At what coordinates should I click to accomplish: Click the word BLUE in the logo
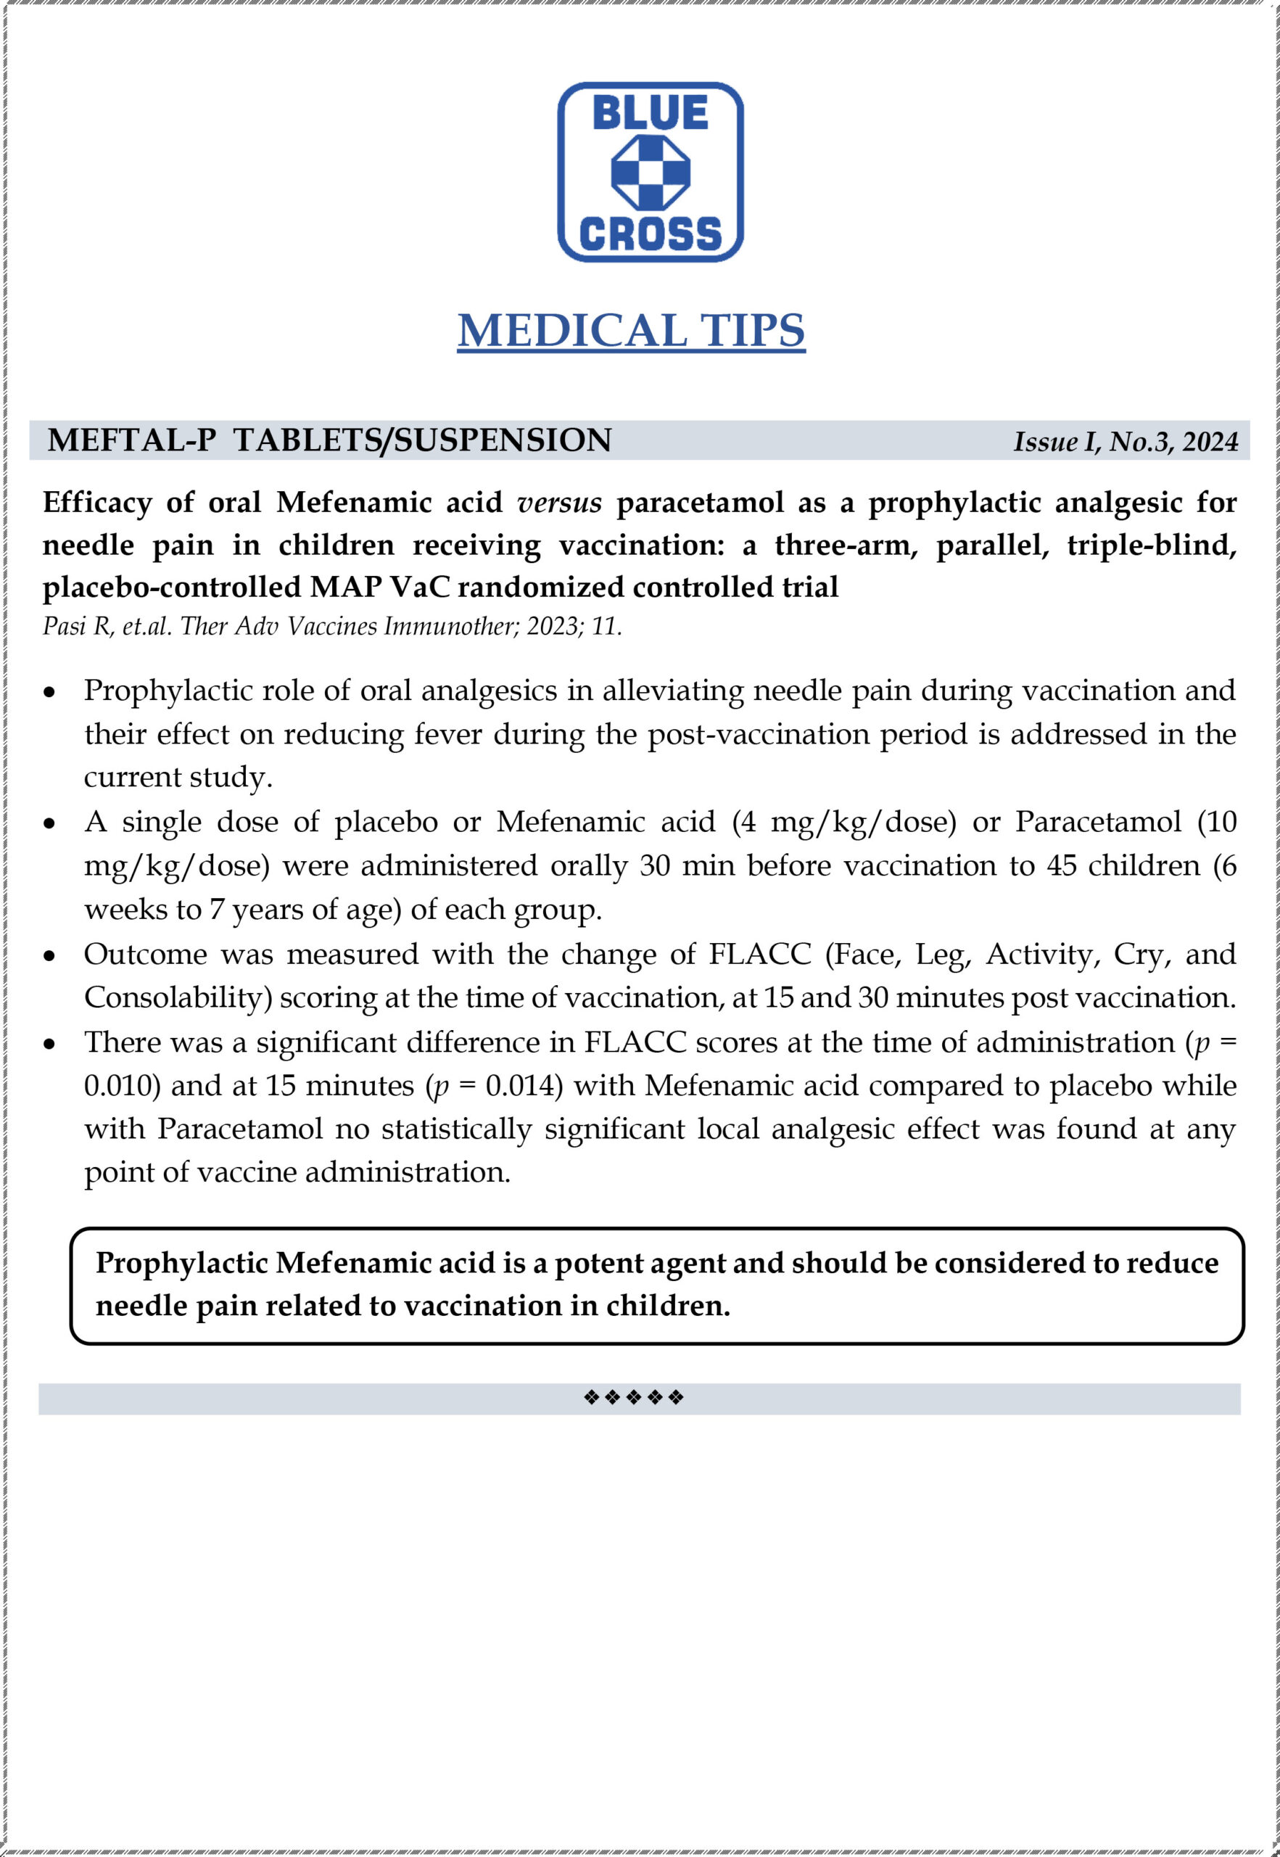650,112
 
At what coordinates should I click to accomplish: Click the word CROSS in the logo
650,234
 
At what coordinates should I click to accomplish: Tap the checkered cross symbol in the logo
651,173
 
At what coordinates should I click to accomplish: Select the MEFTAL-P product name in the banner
131,440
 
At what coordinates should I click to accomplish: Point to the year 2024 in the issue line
1210,442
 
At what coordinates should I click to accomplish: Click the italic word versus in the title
559,503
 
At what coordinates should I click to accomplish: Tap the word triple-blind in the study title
1152,545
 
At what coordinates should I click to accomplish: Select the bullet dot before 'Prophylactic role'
50,692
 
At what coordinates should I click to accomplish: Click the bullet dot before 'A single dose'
50,824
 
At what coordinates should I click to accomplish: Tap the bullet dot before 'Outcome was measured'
50,956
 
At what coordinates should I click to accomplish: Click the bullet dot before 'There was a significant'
50,1045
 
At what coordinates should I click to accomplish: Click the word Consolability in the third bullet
173,998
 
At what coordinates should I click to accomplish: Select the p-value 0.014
524,1087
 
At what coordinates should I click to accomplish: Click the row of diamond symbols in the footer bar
634,1398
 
